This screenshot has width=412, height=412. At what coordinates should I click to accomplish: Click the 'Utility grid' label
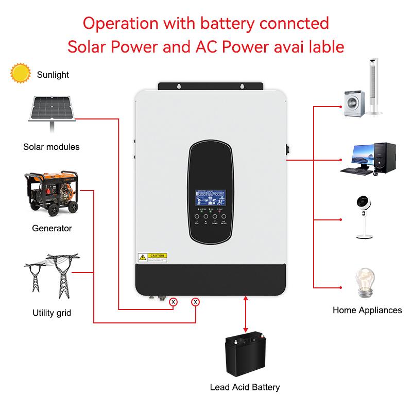click(x=51, y=313)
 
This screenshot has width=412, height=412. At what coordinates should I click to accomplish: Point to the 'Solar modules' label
click(x=51, y=147)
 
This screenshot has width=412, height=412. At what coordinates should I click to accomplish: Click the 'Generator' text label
click(x=52, y=228)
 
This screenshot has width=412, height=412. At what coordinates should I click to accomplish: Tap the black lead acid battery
click(x=246, y=356)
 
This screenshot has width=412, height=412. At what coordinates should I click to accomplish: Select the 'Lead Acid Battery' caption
click(x=245, y=387)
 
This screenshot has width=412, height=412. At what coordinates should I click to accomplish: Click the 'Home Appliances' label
click(x=367, y=310)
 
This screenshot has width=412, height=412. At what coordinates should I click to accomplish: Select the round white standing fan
click(x=367, y=216)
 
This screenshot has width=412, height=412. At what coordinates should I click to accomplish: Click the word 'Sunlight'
click(x=53, y=75)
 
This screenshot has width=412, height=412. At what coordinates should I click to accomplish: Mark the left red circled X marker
click(x=174, y=302)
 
